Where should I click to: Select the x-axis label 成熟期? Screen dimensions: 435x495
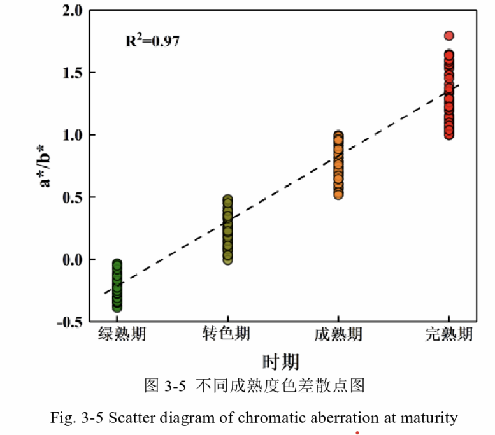click(x=338, y=334)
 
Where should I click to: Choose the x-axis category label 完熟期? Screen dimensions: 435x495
click(x=448, y=334)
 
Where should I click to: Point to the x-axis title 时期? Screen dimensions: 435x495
click(x=281, y=362)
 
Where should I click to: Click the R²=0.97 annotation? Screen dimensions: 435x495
click(x=152, y=42)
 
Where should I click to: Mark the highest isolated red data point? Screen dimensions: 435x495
click(x=448, y=36)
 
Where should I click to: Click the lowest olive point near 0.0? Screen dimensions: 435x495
click(x=227, y=259)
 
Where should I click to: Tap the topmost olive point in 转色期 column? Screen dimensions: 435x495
click(x=227, y=200)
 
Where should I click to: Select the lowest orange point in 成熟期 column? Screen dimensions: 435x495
click(x=338, y=194)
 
